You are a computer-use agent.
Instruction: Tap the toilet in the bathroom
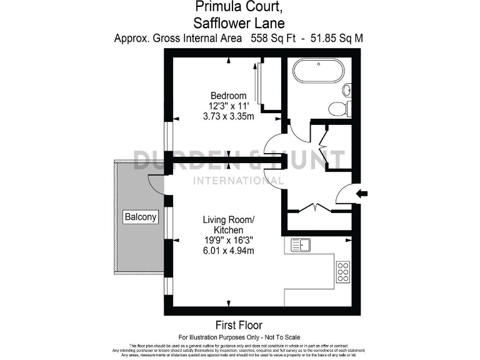(x=338, y=108)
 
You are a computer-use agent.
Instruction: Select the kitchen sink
(x=301, y=245)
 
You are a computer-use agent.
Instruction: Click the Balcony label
(x=141, y=217)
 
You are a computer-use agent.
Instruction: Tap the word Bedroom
(x=228, y=95)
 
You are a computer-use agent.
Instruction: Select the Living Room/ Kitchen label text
(x=228, y=225)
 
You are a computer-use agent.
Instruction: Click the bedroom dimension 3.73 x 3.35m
(x=228, y=116)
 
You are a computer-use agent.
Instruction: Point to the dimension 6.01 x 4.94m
(x=228, y=251)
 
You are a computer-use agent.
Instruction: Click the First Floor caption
(x=239, y=325)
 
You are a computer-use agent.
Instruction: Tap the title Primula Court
(x=239, y=8)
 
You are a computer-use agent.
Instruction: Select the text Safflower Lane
(x=239, y=24)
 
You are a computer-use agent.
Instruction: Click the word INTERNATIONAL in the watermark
(x=239, y=181)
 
